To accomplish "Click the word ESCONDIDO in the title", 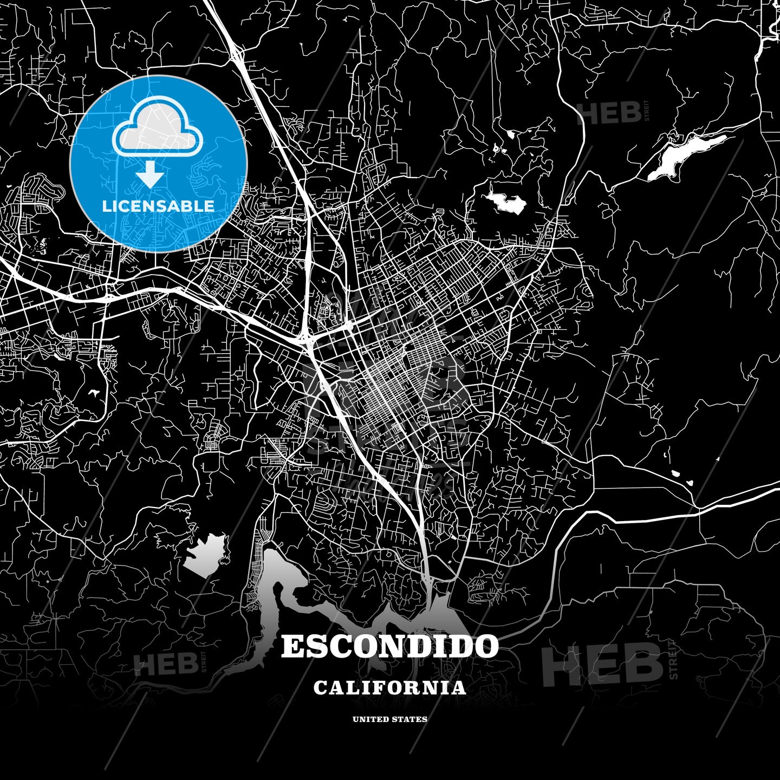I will [389, 647].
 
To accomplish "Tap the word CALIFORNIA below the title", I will [389, 688].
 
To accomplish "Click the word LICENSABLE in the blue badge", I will [158, 206].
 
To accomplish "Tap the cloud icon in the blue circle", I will [157, 127].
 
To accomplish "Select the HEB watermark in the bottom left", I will [166, 664].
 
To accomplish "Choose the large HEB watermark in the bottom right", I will [602, 663].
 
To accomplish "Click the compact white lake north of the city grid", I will [506, 203].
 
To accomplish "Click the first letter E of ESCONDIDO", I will [292, 647].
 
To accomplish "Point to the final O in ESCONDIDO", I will [486, 647].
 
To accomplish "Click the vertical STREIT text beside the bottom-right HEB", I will [673, 660].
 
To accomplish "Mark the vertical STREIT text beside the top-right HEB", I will [646, 111].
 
